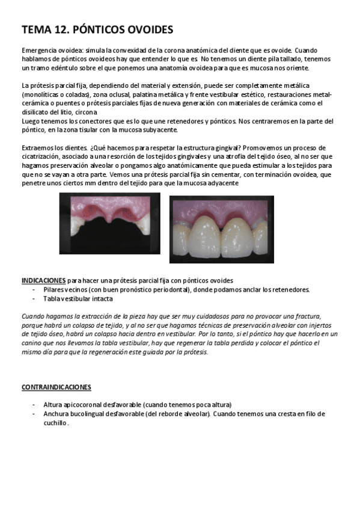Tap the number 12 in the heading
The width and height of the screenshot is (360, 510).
[62, 29]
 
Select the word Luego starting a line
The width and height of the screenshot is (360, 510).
[31, 121]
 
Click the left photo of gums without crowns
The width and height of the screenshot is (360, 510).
[109, 223]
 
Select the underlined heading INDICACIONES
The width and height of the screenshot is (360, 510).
[43, 280]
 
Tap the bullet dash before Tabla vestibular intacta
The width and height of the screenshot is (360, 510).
[34, 298]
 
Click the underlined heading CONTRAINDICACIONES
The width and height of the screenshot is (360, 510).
[56, 387]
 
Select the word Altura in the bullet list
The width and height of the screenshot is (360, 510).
[54, 405]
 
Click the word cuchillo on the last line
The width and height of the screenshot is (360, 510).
[55, 423]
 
